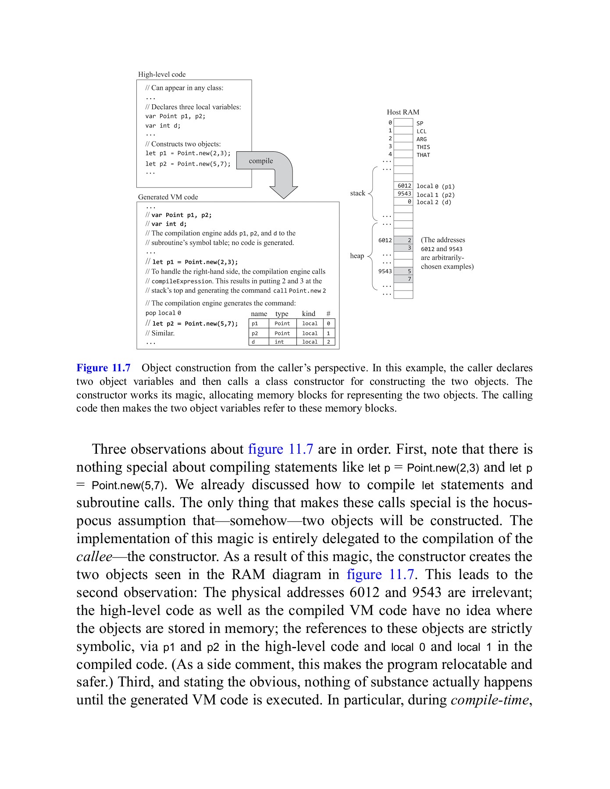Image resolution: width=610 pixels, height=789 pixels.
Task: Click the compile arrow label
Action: click(x=261, y=161)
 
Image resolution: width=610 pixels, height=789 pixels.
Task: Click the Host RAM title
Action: click(x=403, y=112)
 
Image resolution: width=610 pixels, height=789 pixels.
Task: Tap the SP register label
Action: click(x=420, y=123)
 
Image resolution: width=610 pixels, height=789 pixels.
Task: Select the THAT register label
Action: click(x=423, y=155)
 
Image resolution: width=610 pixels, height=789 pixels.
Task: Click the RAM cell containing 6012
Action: click(x=403, y=186)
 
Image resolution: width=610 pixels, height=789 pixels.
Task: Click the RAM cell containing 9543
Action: click(x=403, y=194)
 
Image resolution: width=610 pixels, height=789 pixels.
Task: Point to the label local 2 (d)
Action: click(x=433, y=202)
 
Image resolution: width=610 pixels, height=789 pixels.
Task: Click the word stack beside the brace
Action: click(x=357, y=193)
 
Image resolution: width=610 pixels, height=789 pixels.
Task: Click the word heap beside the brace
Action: click(x=357, y=256)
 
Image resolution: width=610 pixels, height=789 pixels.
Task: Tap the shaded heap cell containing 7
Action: click(x=403, y=279)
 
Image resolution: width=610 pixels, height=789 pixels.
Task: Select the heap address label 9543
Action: click(x=385, y=271)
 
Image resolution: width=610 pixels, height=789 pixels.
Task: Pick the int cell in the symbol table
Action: click(x=279, y=342)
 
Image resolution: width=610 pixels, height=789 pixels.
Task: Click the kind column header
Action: click(x=309, y=314)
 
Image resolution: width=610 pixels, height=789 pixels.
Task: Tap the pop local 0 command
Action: click(x=163, y=313)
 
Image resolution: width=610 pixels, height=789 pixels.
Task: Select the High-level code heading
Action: click(x=162, y=75)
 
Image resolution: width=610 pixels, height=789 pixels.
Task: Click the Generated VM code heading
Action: click(x=168, y=197)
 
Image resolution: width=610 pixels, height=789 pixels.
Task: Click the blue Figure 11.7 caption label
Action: click(x=103, y=368)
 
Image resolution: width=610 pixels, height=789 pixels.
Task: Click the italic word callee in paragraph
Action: click(x=94, y=557)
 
